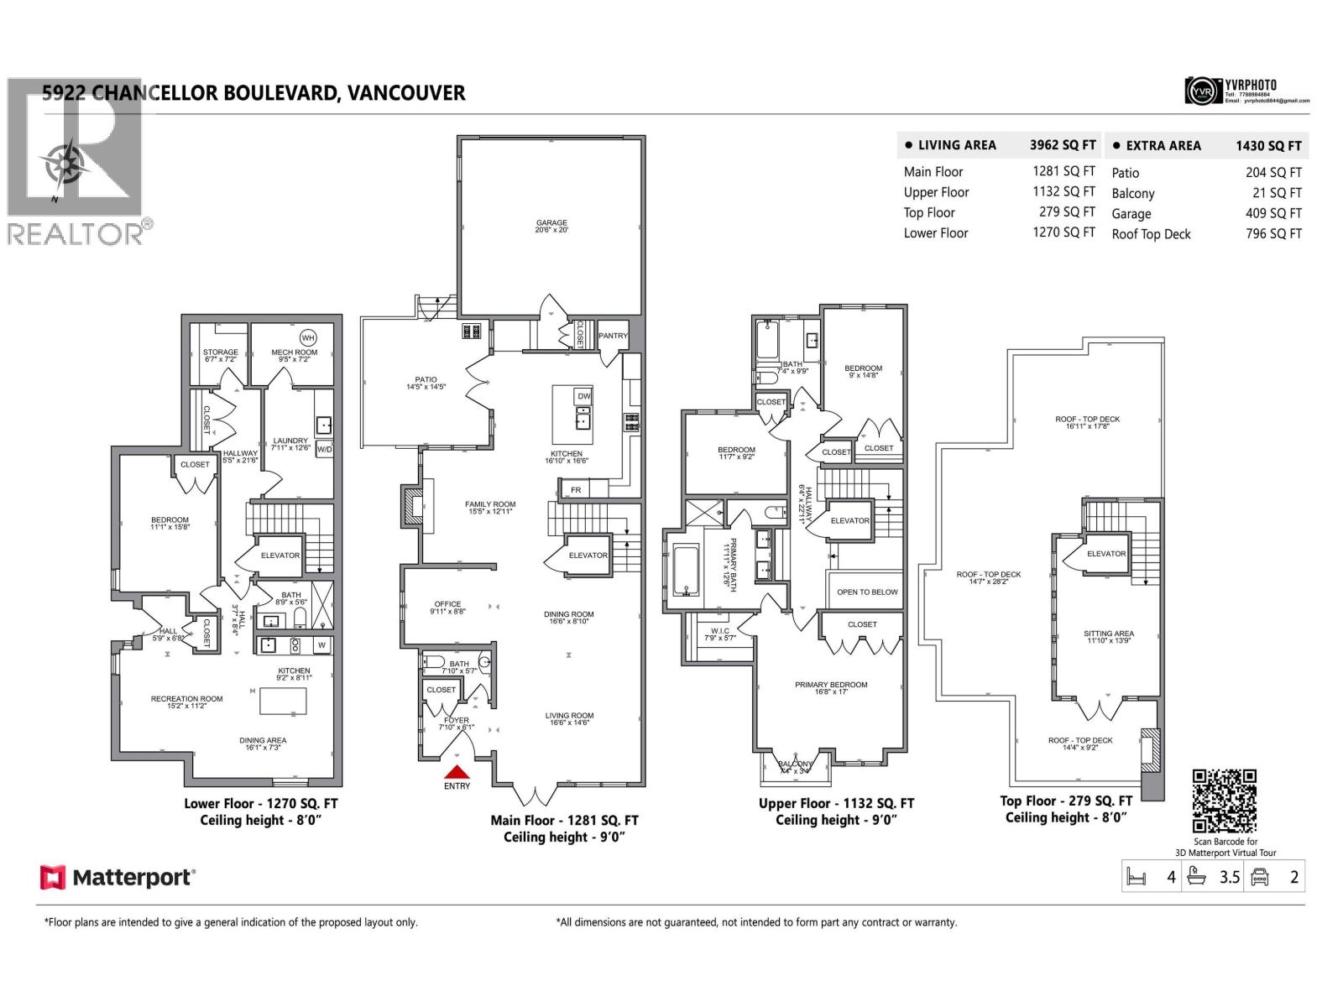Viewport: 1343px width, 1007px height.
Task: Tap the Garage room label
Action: [x=551, y=223]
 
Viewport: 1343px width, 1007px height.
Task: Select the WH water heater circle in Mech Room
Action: [x=308, y=338]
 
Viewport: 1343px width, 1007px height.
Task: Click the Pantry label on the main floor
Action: [x=613, y=336]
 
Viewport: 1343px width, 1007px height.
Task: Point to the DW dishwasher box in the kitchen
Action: [x=583, y=396]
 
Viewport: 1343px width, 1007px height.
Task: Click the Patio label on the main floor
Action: [x=426, y=380]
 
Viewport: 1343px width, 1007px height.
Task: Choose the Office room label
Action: [x=447, y=604]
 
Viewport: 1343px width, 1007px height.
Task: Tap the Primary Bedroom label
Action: [x=831, y=685]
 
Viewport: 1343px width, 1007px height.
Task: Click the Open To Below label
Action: [x=867, y=592]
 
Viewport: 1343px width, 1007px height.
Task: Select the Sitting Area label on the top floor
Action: [x=1108, y=634]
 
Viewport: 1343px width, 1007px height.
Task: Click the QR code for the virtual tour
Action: [x=1225, y=801]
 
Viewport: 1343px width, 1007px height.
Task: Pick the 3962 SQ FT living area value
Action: [x=1063, y=145]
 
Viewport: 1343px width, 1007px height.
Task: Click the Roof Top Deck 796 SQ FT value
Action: [x=1273, y=234]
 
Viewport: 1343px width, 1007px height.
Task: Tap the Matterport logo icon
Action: [x=52, y=878]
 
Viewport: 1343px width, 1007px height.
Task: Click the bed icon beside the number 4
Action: [x=1136, y=878]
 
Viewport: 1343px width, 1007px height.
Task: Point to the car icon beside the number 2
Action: [x=1259, y=878]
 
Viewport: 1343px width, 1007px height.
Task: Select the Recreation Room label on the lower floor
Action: [x=186, y=698]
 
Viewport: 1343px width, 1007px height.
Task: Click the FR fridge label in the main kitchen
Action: [x=576, y=489]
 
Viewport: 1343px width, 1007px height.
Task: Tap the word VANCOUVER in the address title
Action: [x=406, y=93]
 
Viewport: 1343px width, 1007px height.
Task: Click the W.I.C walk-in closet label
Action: [x=719, y=630]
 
